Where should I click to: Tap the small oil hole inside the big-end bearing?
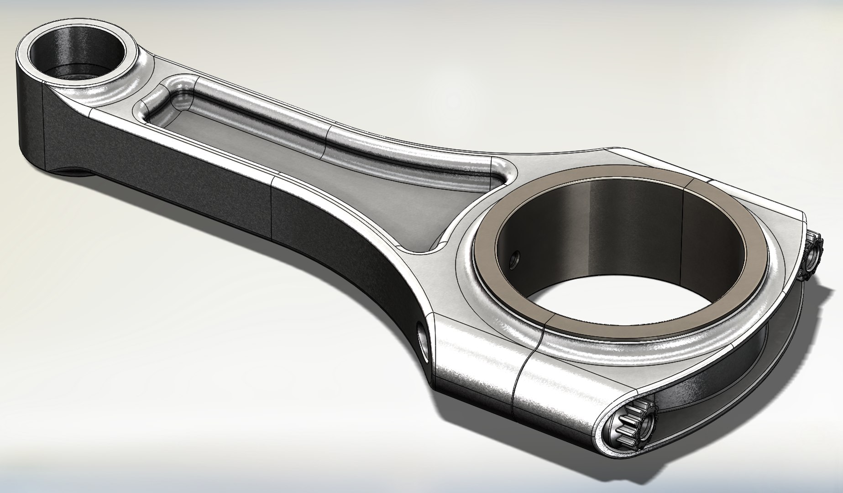coord(514,258)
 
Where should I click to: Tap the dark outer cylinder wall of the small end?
coord(30,114)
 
